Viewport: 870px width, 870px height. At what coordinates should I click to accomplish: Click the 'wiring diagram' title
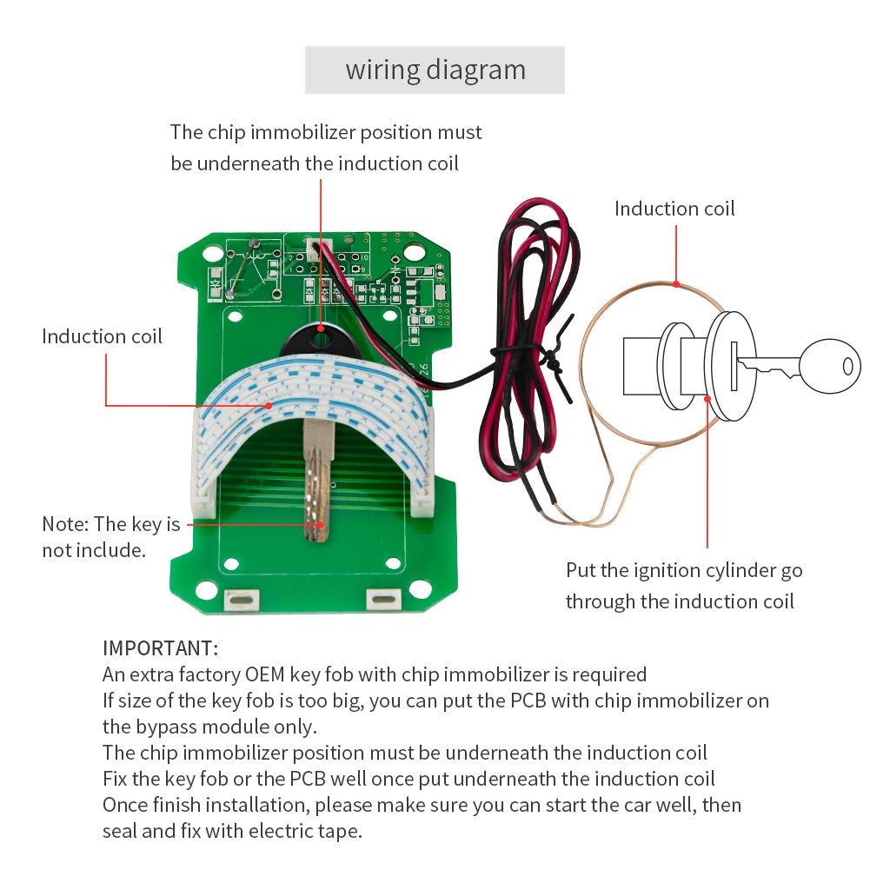pyautogui.click(x=435, y=70)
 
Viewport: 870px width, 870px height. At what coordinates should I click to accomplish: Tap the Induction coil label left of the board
pyautogui.click(x=102, y=336)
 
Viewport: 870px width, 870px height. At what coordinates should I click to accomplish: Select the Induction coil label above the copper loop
pyautogui.click(x=674, y=209)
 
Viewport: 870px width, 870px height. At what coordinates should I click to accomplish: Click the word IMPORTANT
pyautogui.click(x=160, y=648)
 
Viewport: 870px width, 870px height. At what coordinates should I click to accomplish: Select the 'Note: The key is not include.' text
pyautogui.click(x=110, y=537)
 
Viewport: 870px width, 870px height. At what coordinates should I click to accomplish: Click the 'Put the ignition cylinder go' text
pyautogui.click(x=684, y=571)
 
